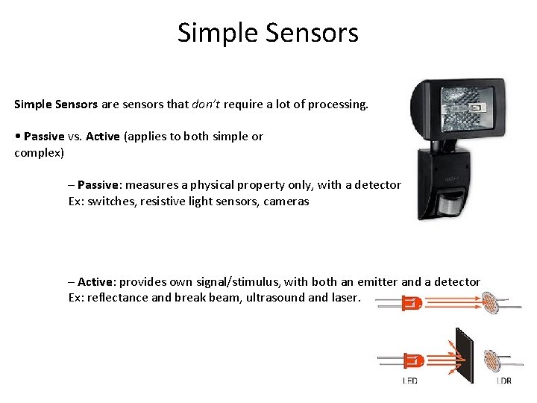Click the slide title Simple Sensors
tap(268, 33)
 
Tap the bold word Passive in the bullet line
tap(44, 137)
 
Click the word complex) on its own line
tap(40, 153)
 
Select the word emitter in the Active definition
tap(377, 282)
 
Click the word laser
tap(346, 298)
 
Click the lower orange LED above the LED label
tap(412, 361)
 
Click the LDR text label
tap(504, 381)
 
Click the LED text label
tap(409, 381)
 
